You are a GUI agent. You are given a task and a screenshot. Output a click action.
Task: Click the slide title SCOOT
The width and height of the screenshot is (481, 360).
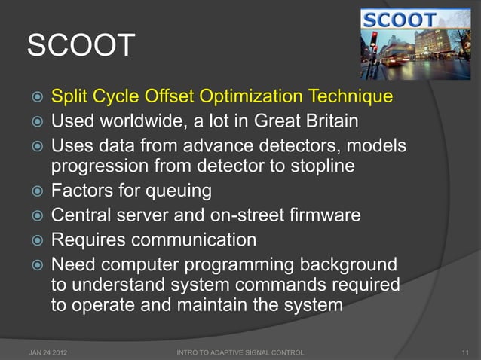click(x=81, y=47)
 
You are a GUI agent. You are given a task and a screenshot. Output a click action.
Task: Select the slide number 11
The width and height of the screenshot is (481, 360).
click(x=464, y=352)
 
